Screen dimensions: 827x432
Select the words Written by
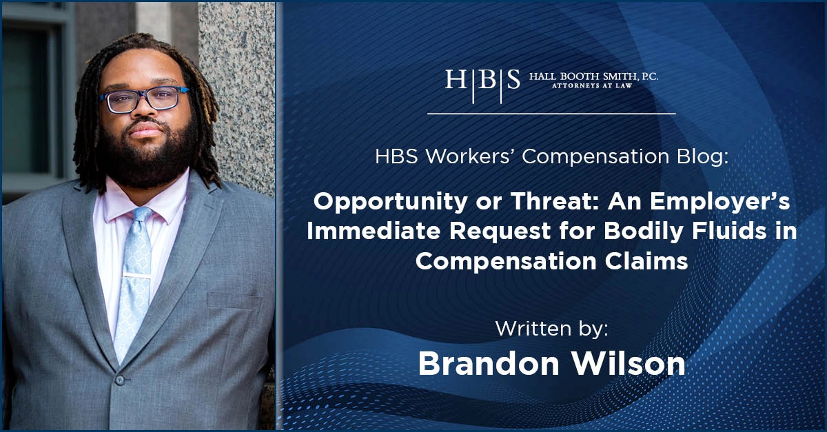pyautogui.click(x=551, y=329)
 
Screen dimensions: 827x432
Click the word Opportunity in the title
pyautogui.click(x=391, y=203)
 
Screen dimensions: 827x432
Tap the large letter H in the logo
pyautogui.click(x=456, y=79)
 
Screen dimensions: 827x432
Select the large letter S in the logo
pyautogui.click(x=513, y=79)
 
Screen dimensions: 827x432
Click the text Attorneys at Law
pyautogui.click(x=592, y=85)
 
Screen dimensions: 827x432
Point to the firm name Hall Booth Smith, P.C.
pyautogui.click(x=593, y=76)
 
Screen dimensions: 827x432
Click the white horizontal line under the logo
pyautogui.click(x=551, y=114)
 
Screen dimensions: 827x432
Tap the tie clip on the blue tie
pyautogui.click(x=137, y=276)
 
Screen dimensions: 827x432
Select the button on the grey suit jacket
pyautogui.click(x=120, y=380)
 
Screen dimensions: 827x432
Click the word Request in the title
pyautogui.click(x=500, y=232)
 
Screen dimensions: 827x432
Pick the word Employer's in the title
pyautogui.click(x=720, y=203)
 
